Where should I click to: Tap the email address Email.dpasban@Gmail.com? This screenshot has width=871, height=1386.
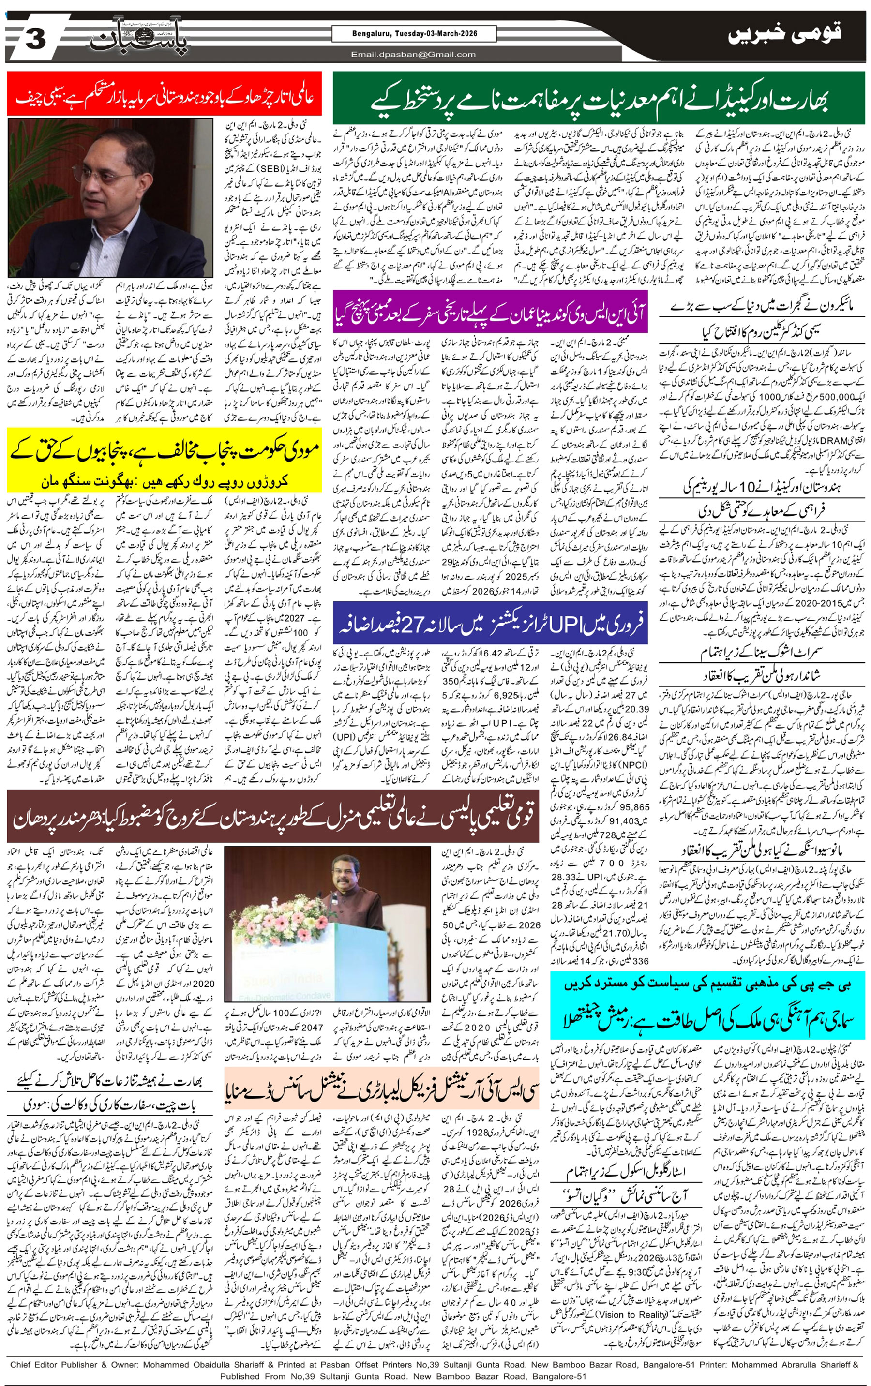(413, 54)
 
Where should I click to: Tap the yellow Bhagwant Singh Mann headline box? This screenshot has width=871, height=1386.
(164, 459)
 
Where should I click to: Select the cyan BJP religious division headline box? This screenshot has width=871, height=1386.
(707, 1006)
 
